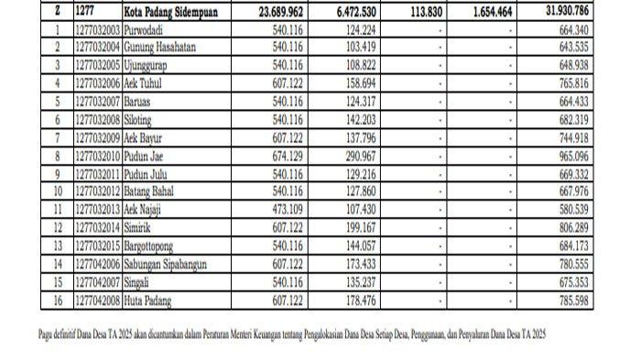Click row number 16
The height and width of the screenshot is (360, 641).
[58, 299]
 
